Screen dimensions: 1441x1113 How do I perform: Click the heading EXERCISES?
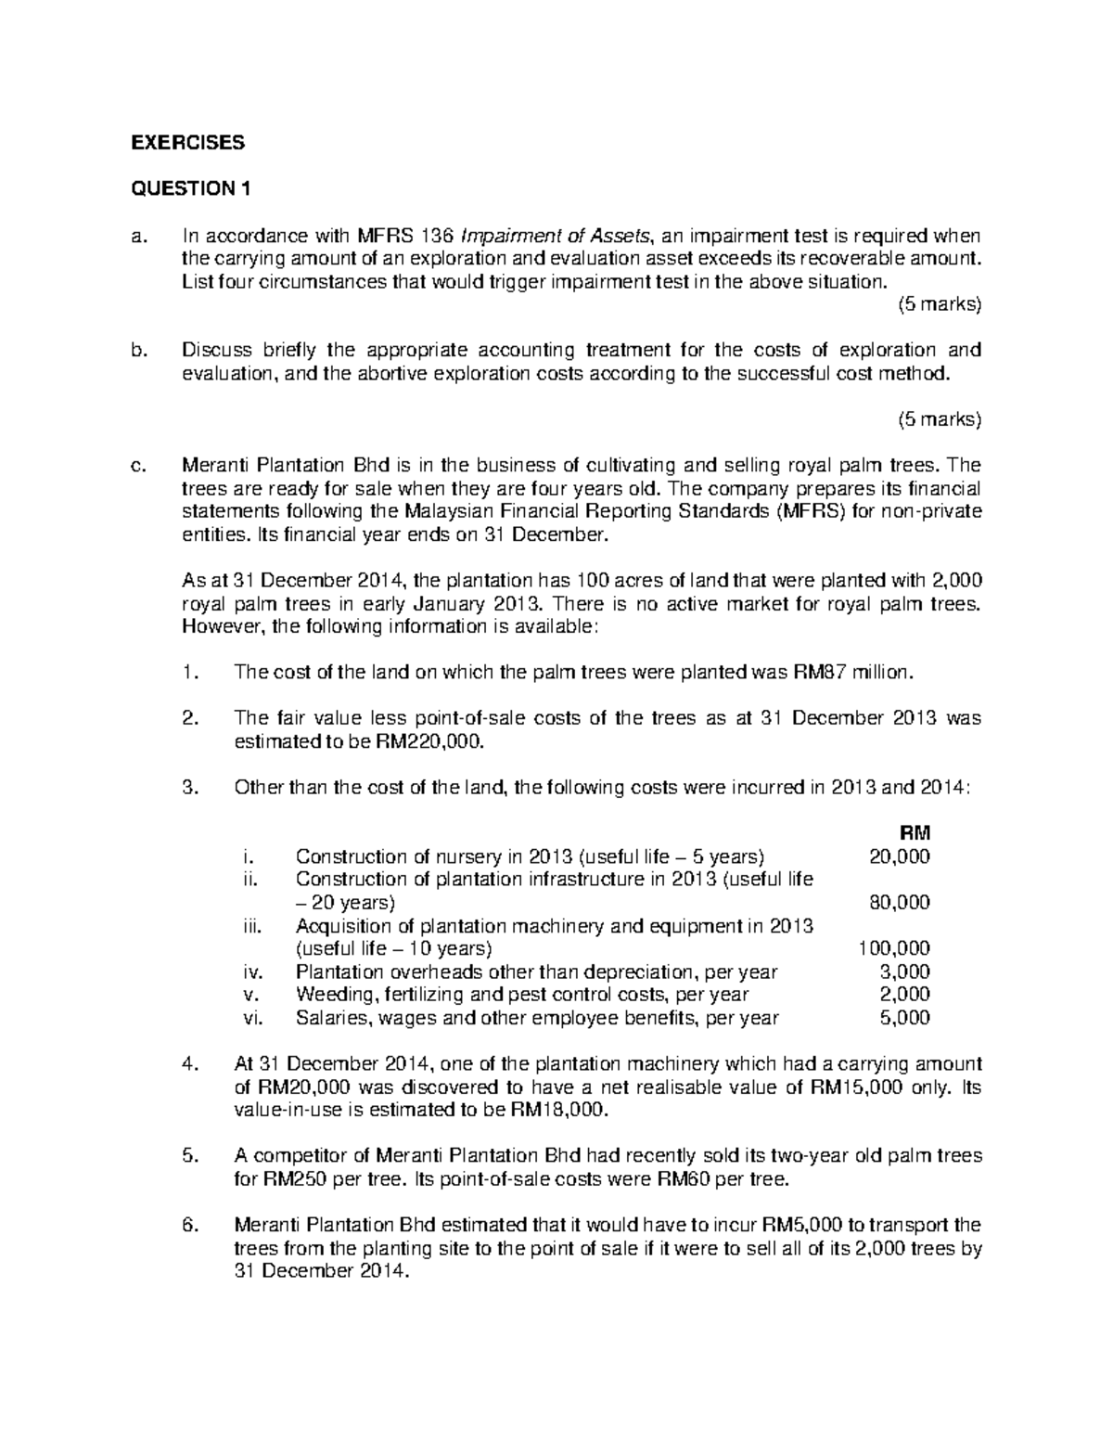coord(187,142)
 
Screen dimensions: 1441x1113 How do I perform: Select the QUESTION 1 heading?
coord(190,189)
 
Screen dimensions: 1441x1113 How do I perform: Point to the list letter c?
coord(137,465)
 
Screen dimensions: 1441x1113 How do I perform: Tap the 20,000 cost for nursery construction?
coord(899,856)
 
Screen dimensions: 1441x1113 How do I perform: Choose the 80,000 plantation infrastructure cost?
coord(899,902)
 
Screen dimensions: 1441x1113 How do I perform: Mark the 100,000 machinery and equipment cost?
coord(893,948)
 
